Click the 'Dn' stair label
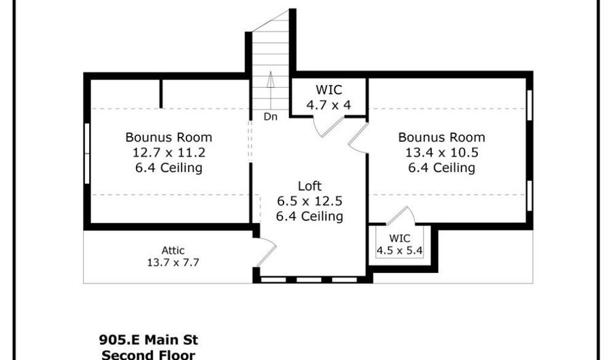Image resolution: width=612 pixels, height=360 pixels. click(x=271, y=116)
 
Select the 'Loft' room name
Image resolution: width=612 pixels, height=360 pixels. click(x=309, y=186)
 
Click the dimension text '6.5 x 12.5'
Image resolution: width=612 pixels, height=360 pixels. click(x=309, y=201)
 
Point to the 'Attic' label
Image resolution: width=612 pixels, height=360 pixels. click(x=173, y=250)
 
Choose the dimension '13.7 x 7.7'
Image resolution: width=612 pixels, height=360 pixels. click(x=173, y=262)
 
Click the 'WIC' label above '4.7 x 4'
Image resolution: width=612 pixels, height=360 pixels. click(x=329, y=90)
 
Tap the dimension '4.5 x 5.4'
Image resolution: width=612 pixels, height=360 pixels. click(x=401, y=250)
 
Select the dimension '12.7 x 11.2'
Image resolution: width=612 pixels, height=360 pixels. click(x=169, y=152)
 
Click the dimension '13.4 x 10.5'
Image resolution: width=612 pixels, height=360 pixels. click(x=441, y=152)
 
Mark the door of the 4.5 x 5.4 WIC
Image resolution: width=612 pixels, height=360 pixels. click(x=401, y=216)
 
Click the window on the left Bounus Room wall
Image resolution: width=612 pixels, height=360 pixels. click(x=87, y=152)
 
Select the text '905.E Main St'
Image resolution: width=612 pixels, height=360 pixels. click(x=148, y=340)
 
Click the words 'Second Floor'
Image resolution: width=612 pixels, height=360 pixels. click(x=148, y=355)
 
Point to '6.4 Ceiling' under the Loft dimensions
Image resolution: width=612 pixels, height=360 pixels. click(x=309, y=216)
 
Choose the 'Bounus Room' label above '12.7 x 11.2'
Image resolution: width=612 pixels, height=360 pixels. click(x=169, y=137)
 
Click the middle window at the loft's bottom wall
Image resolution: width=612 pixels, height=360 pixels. click(x=309, y=279)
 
